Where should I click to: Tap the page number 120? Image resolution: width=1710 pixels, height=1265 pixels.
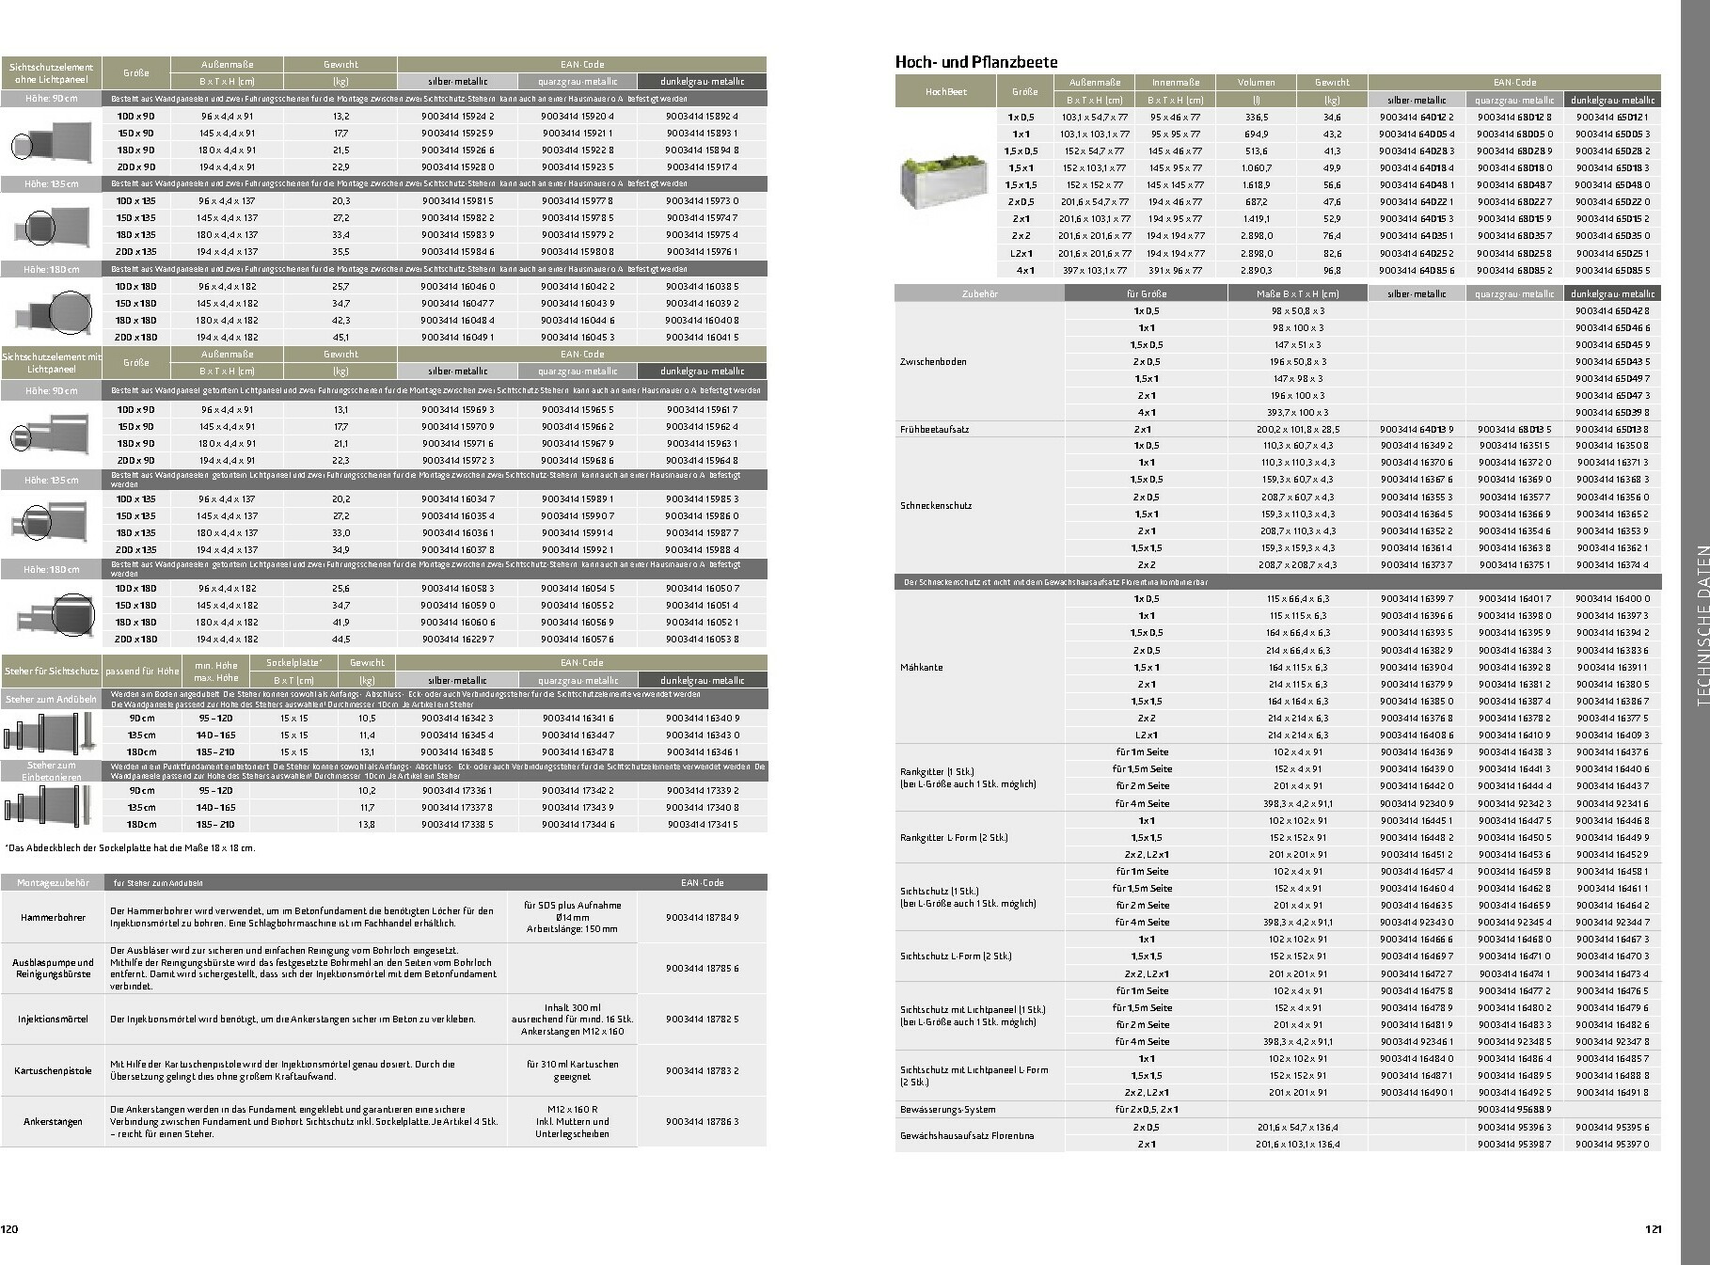click(9, 1229)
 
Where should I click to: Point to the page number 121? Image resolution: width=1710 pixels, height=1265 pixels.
click(1654, 1229)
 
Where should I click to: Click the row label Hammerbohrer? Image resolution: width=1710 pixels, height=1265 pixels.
click(53, 917)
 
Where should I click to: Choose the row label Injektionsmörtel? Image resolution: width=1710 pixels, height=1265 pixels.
click(53, 1019)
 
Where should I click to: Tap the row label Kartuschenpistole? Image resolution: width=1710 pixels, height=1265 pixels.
click(53, 1070)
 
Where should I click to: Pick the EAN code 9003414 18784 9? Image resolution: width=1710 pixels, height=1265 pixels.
click(702, 917)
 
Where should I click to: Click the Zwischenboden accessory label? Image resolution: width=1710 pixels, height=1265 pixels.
click(933, 361)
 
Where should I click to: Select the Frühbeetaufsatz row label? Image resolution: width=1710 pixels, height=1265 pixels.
click(934, 429)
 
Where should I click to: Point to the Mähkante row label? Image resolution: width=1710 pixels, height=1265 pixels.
click(921, 667)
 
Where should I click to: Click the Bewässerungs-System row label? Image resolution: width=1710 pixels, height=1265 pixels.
click(947, 1109)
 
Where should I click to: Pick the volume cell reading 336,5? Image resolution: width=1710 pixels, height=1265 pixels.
click(1257, 117)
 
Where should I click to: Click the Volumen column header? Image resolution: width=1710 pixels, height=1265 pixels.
click(1257, 82)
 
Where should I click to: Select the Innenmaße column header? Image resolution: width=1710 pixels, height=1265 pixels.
click(1176, 82)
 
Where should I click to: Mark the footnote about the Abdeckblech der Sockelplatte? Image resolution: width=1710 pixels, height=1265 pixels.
click(130, 847)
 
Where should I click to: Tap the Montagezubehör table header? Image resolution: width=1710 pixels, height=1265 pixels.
click(53, 883)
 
